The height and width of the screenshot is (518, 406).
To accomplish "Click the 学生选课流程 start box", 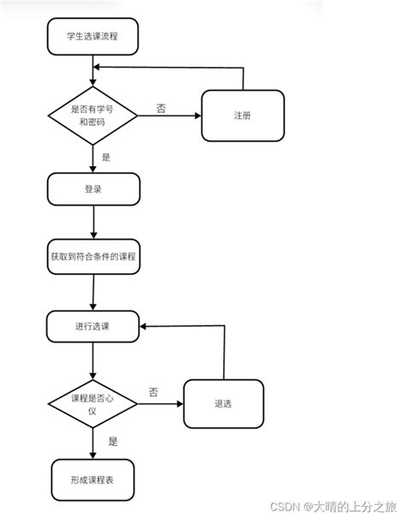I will click(93, 36).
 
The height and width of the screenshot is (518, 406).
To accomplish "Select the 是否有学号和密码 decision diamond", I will click(93, 115).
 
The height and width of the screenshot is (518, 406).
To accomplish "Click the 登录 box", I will click(93, 189).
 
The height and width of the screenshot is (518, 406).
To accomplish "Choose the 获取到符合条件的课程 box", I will click(93, 257).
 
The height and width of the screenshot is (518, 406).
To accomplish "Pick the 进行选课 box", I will click(93, 326).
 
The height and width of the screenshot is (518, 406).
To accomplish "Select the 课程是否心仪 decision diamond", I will click(93, 403).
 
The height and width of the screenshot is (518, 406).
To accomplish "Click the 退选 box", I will click(224, 403).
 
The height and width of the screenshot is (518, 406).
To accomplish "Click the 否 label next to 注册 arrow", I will click(161, 109).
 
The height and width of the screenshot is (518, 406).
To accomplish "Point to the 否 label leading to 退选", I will click(152, 392).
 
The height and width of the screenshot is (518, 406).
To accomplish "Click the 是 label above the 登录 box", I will click(106, 157).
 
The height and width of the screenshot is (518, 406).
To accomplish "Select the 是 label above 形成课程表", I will click(112, 442).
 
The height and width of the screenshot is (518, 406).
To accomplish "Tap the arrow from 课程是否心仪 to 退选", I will click(159, 404).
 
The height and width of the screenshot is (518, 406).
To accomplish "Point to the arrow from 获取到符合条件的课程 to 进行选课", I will click(92, 292).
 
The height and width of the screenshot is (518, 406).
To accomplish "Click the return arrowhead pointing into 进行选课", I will click(146, 326).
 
